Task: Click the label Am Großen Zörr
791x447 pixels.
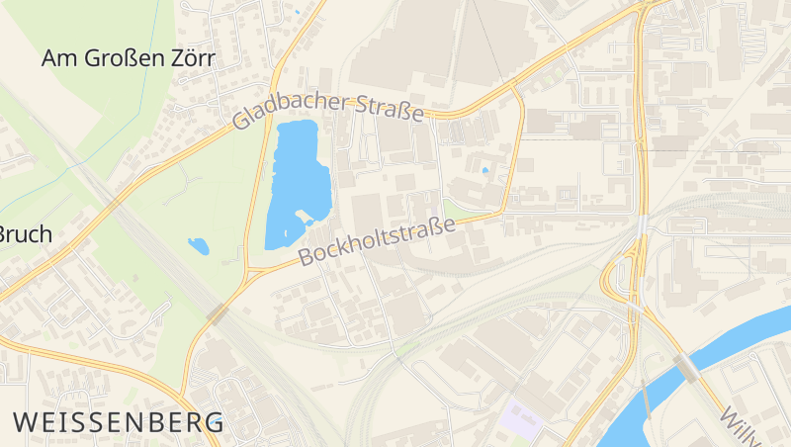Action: click(x=129, y=57)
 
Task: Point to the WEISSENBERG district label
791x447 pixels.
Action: click(x=119, y=422)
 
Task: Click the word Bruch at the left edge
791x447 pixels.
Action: click(x=25, y=235)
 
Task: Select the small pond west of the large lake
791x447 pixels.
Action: click(x=199, y=246)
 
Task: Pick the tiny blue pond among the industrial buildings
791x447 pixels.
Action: click(x=484, y=171)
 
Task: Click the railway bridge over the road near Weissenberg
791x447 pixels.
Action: click(x=219, y=314)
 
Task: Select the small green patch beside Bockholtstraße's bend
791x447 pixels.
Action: click(x=456, y=209)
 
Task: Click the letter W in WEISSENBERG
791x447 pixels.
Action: click(x=26, y=422)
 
